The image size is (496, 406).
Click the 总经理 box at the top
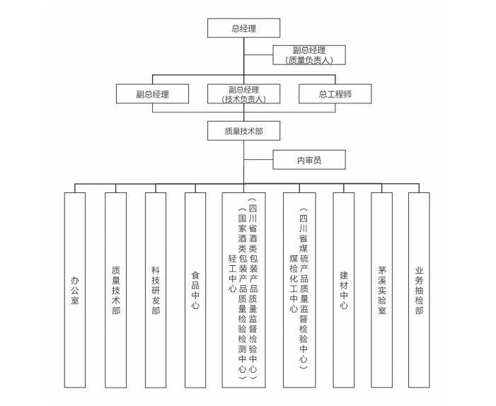pyautogui.click(x=243, y=28)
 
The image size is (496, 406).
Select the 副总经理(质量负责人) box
pyautogui.click(x=309, y=55)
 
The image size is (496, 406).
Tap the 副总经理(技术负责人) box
pyautogui.click(x=243, y=94)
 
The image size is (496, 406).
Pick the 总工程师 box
pyautogui.click(x=335, y=94)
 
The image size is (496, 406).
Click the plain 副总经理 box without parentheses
pyautogui.click(x=152, y=94)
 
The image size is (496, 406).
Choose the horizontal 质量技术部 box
pyautogui.click(x=243, y=131)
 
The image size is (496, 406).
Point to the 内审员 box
pyautogui.click(x=309, y=161)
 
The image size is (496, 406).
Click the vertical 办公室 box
pyautogui.click(x=74, y=290)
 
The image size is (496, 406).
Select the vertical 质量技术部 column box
pyautogui.click(x=115, y=290)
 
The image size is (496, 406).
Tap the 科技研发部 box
pyautogui.click(x=156, y=290)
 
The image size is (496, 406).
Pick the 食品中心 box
pyautogui.click(x=195, y=290)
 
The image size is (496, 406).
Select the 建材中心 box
pyautogui.click(x=344, y=290)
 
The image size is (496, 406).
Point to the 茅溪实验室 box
pyautogui.click(x=381, y=290)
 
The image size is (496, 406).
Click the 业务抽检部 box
pyautogui.click(x=419, y=290)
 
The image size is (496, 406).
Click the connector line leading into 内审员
pyautogui.click(x=258, y=161)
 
